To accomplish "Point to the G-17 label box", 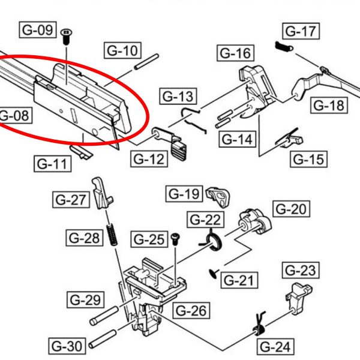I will [301, 31].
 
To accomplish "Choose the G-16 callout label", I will [235, 53].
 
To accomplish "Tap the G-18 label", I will [329, 106].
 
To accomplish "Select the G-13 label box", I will [178, 96].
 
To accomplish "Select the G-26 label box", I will [192, 310].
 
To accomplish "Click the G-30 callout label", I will [67, 346].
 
